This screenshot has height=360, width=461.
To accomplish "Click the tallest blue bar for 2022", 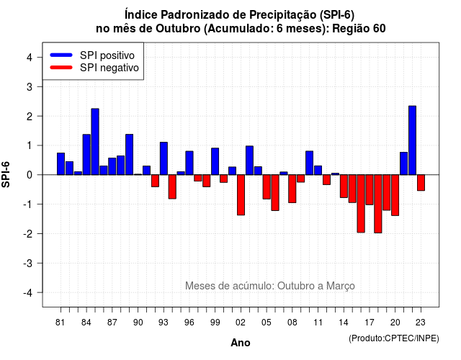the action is point(412,140).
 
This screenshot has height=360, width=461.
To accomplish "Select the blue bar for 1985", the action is point(95,142).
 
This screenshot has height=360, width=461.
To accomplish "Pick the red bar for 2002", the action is point(241,195).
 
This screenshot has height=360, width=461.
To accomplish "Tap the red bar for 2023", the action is point(421,182).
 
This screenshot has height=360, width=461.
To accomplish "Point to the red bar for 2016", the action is point(361,203).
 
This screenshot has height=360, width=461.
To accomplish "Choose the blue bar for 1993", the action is point(164,158).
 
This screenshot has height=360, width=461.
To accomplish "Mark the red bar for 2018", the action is point(377,204).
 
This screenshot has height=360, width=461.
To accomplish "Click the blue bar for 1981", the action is point(61,163).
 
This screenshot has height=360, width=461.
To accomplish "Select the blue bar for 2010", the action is point(309,163).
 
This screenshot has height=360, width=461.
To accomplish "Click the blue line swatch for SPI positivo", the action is point(61,55).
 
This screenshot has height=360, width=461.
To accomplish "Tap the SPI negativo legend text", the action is point(109,68).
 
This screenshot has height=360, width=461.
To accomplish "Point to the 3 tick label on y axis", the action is point(29,86).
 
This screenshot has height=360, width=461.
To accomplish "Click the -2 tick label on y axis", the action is point(28,233).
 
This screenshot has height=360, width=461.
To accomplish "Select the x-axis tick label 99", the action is point(215,323).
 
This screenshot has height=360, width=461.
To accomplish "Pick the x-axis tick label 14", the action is point(344,323).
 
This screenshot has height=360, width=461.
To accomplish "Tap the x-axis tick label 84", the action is point(86,323).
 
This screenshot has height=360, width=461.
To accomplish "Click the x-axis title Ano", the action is point(241,343).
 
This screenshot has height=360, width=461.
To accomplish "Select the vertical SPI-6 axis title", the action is point(6,174).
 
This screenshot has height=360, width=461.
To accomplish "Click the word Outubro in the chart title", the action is point(178,29).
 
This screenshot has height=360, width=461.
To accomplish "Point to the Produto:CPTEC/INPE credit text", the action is point(394,338).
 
